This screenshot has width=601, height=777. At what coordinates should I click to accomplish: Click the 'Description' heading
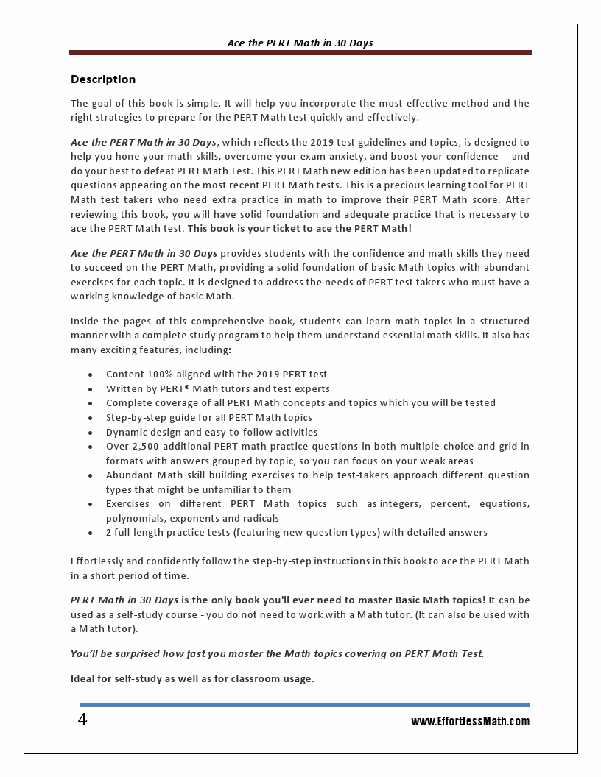click(103, 79)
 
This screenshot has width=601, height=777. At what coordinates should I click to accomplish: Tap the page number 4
click(82, 720)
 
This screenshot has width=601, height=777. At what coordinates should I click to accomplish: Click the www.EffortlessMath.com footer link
click(470, 722)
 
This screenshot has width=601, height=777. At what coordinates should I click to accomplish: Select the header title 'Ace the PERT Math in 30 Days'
click(300, 43)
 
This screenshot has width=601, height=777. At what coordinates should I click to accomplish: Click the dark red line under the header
click(300, 53)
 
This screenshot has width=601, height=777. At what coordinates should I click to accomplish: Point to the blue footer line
click(304, 705)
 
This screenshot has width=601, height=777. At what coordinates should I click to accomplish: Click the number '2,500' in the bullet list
click(146, 447)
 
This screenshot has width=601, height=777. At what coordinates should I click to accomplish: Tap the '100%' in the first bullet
click(159, 375)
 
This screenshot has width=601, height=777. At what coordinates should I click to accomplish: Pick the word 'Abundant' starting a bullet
click(128, 475)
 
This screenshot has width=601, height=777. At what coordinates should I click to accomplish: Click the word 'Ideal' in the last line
click(83, 678)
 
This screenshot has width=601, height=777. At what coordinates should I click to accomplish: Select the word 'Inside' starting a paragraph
click(85, 322)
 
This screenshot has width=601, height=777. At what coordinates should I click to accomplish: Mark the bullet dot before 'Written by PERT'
click(90, 389)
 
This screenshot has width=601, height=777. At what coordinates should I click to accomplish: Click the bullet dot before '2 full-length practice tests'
click(90, 533)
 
